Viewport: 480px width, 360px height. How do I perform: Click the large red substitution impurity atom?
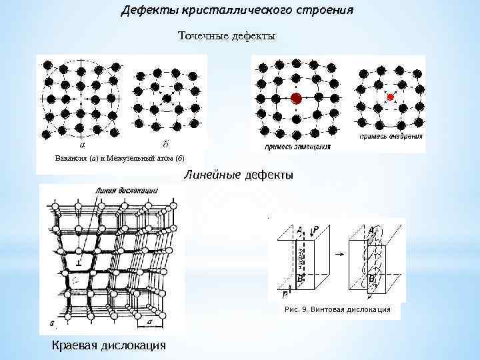[296, 99]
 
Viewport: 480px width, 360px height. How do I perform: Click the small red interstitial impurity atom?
[391, 97]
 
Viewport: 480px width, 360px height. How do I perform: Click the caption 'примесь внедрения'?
[391, 136]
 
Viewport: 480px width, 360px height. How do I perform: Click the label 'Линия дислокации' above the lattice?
[127, 191]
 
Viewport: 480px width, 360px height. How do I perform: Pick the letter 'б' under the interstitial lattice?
[164, 143]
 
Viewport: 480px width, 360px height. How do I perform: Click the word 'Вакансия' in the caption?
[70, 159]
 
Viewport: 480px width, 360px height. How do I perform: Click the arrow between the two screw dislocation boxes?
[339, 254]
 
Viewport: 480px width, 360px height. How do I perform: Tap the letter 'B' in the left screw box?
[301, 276]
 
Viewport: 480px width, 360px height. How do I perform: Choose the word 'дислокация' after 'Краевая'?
[131, 345]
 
